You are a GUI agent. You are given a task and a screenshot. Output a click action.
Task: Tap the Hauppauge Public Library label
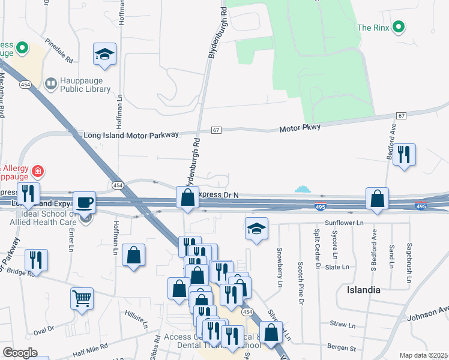[85, 85]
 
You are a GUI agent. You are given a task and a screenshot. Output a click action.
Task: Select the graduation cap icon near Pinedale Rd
[104, 55]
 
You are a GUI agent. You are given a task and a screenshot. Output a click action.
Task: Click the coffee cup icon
[85, 202]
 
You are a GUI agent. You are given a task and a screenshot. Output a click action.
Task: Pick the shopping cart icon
[82, 298]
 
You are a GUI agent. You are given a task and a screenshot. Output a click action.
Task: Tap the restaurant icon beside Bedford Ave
[404, 155]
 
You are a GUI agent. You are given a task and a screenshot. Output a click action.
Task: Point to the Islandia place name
[363, 289]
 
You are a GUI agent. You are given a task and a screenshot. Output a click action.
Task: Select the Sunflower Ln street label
[345, 222]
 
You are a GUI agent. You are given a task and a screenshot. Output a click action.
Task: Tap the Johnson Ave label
[427, 313]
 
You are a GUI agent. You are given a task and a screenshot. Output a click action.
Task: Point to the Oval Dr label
[44, 330]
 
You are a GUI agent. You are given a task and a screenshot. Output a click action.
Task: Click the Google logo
[20, 353]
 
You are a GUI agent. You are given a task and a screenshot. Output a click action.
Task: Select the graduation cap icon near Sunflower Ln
[256, 229]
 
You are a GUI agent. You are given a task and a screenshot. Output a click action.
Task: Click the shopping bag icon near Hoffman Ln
[133, 255]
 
